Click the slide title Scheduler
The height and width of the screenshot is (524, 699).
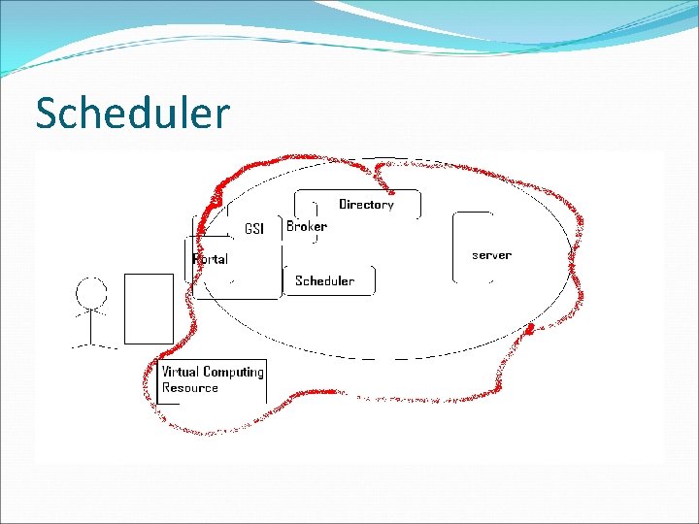click(x=132, y=114)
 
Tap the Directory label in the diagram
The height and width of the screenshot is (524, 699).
click(x=366, y=205)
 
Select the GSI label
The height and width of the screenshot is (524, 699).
click(x=254, y=229)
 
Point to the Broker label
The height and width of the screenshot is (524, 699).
click(x=307, y=226)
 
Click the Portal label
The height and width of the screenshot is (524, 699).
click(x=211, y=259)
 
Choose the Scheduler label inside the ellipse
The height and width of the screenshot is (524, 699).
click(x=324, y=280)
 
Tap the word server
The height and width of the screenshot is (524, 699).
click(x=491, y=255)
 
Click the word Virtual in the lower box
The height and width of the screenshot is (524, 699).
click(x=180, y=372)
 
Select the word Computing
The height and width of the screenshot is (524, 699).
click(x=233, y=373)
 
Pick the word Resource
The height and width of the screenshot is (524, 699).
click(x=190, y=388)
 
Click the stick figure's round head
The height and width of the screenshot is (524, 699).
click(x=92, y=292)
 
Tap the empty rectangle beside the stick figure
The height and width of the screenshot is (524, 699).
click(x=149, y=308)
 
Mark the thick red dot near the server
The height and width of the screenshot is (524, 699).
click(x=530, y=332)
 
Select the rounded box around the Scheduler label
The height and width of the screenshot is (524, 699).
click(x=373, y=279)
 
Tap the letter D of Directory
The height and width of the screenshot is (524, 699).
click(x=343, y=205)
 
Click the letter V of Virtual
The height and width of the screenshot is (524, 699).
click(x=166, y=372)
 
